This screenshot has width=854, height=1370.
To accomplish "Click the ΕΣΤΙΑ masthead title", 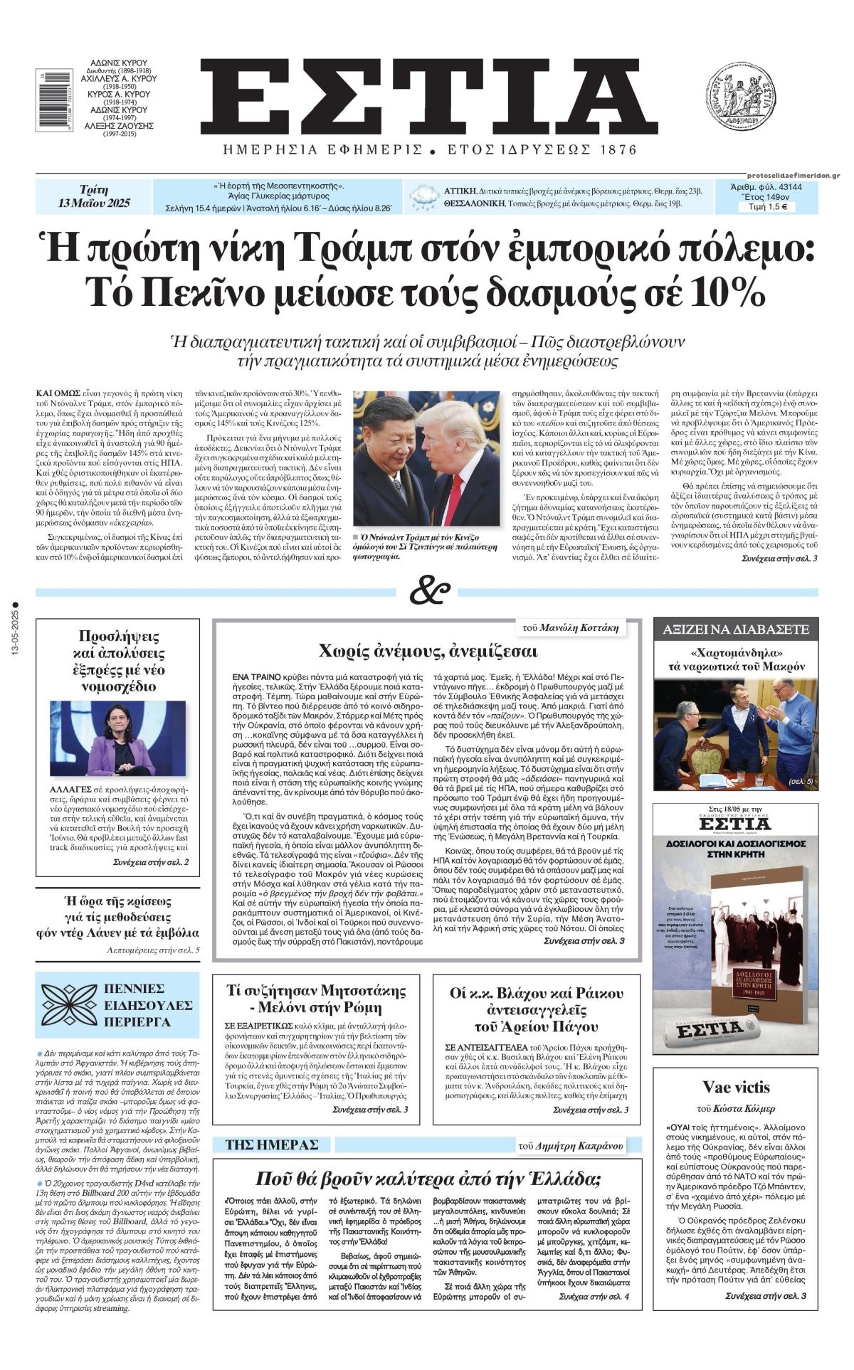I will point(427,95).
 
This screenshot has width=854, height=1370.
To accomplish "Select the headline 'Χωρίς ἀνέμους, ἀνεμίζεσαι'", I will point(428,651).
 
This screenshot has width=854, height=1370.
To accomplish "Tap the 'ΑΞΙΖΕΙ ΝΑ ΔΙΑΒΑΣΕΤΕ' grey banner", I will point(736,630).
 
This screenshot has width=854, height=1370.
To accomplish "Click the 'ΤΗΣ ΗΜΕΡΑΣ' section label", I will point(272,1145).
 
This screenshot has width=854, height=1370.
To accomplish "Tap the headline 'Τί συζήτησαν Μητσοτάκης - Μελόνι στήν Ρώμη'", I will point(316,1000).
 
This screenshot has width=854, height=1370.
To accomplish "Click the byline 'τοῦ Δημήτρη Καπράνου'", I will point(570,1145).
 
